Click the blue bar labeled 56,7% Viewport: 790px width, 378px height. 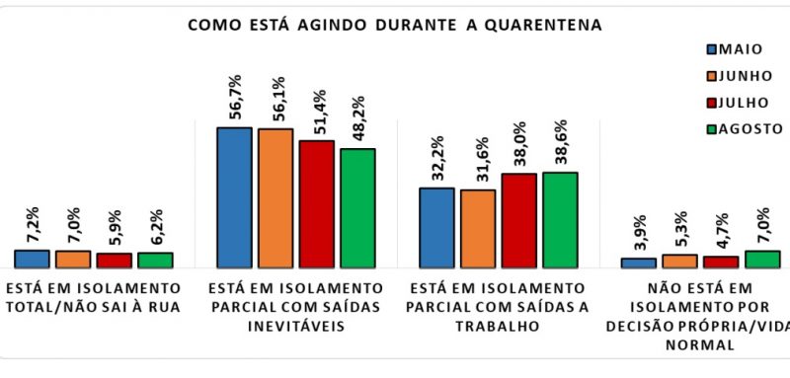pos(234,197)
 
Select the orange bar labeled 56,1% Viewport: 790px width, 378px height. pos(276,198)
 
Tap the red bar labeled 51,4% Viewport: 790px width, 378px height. pos(316,204)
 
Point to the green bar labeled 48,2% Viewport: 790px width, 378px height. pos(357,208)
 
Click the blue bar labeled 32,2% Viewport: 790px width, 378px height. pos(436,228)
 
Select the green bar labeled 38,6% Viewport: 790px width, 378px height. pos(560,220)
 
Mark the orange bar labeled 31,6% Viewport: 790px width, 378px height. pos(478,229)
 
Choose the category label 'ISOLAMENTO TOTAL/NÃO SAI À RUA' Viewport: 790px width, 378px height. pos(93,296)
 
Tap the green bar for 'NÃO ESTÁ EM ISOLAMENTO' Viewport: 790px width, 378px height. pos(762,260)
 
